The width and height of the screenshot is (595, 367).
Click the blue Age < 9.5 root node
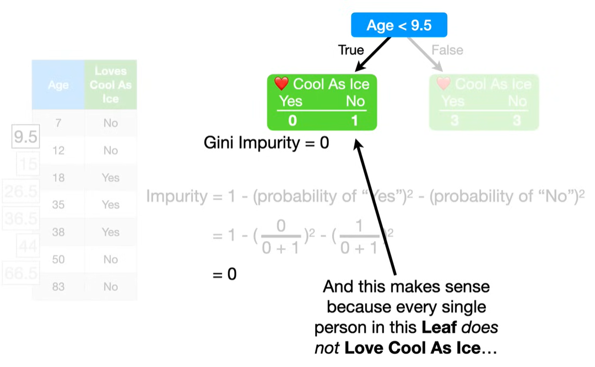399,25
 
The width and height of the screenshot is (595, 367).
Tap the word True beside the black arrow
351,50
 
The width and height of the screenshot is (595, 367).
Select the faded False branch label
447,50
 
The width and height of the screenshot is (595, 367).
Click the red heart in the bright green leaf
282,84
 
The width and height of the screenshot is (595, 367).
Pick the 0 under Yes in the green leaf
293,120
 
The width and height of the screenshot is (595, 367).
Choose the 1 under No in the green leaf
355,120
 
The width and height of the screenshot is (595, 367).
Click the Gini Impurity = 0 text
266,143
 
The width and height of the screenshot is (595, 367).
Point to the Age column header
58,85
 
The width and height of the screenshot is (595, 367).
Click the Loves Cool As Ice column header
110,85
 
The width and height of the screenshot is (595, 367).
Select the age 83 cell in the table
58,286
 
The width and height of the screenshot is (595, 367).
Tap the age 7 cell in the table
58,123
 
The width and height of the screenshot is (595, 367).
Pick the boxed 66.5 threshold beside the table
20,274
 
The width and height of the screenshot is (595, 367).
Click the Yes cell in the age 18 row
110,178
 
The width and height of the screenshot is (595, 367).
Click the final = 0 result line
225,274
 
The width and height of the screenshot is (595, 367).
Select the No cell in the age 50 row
110,259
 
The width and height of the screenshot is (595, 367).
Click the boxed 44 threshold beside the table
28,246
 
